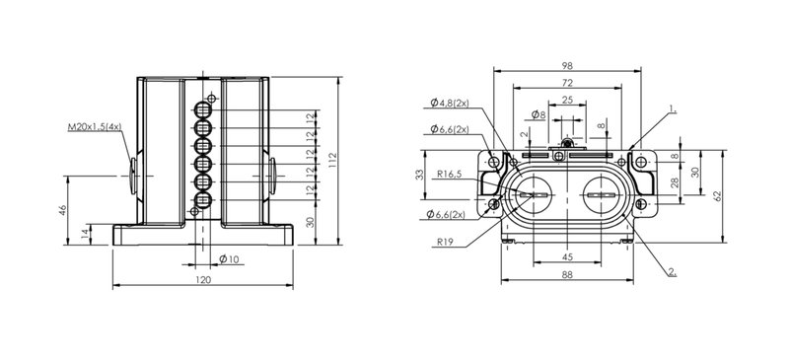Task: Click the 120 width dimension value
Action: point(203,280)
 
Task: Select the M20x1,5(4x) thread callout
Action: point(95,127)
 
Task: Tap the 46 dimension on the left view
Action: point(63,209)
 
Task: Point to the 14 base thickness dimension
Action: point(86,233)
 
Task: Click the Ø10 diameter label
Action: point(229,259)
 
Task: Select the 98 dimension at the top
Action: point(567,65)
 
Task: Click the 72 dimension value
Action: point(567,83)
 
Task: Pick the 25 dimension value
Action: point(567,100)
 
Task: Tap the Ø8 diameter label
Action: point(538,114)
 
